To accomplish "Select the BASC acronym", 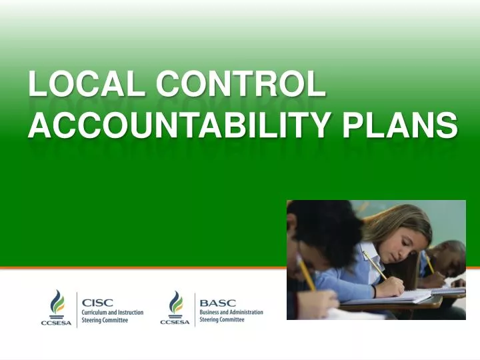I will pos(213,302).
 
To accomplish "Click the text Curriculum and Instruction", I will pos(112,312).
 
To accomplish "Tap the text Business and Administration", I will pos(231,312).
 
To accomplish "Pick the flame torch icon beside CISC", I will pos(57,303).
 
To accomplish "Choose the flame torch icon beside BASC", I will pos(175,303).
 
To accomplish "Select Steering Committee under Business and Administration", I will pos(222,320).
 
